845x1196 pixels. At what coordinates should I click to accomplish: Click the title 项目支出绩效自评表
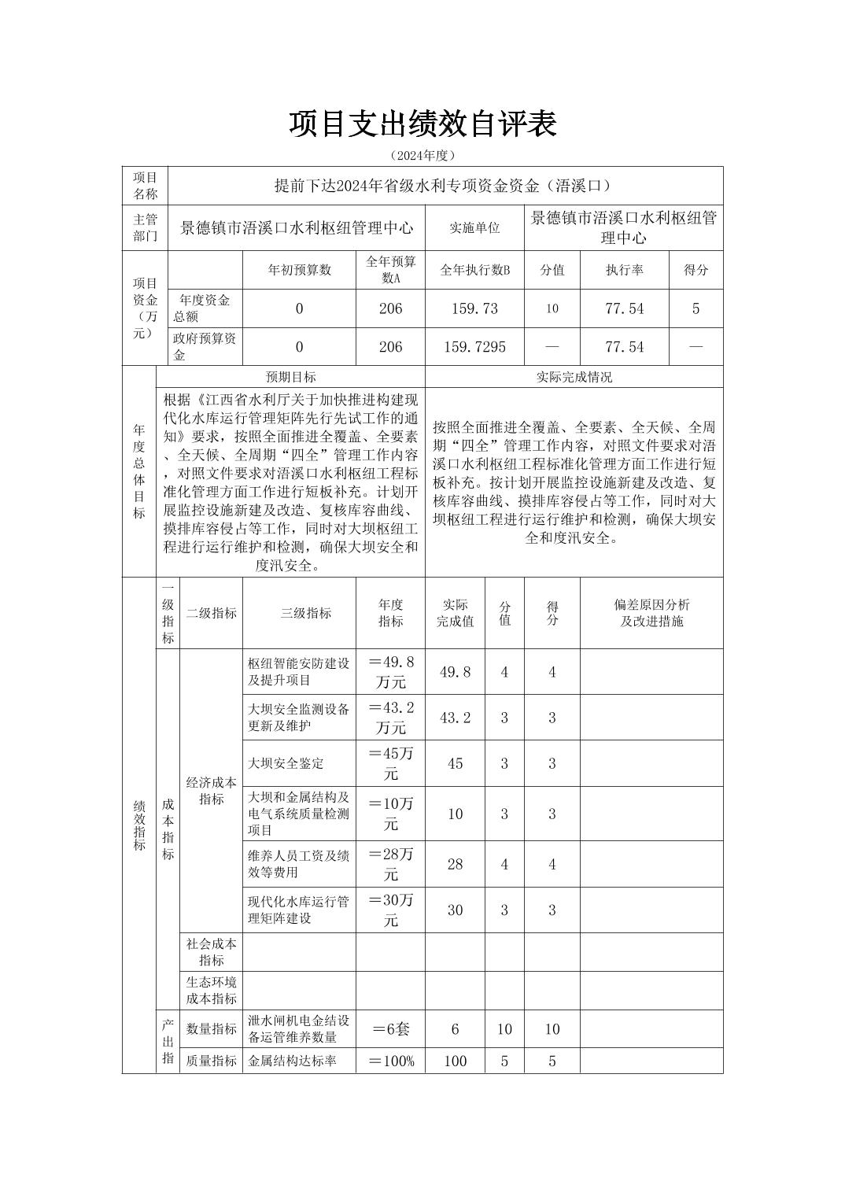point(422,124)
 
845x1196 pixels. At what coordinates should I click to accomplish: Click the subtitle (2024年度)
point(422,156)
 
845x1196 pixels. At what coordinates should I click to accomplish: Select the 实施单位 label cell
point(474,228)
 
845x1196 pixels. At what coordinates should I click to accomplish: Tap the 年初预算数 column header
point(299,270)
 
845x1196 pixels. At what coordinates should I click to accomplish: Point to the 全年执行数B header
point(474,270)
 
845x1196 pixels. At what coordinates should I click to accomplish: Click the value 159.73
point(474,308)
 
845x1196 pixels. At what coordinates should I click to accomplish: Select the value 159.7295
point(474,347)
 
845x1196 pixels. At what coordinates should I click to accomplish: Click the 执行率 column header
point(624,270)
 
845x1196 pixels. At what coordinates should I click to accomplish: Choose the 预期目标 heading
point(290,377)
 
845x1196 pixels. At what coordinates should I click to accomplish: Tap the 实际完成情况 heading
point(574,377)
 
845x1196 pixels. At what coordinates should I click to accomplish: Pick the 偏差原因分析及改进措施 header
point(651,613)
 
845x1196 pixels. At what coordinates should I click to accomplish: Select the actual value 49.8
point(455,672)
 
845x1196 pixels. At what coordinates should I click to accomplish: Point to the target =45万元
point(390,763)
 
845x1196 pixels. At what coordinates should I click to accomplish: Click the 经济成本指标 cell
point(211,791)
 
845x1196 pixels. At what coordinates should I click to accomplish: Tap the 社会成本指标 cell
point(211,951)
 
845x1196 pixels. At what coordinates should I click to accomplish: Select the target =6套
point(390,1029)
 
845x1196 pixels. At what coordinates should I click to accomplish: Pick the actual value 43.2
point(455,718)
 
